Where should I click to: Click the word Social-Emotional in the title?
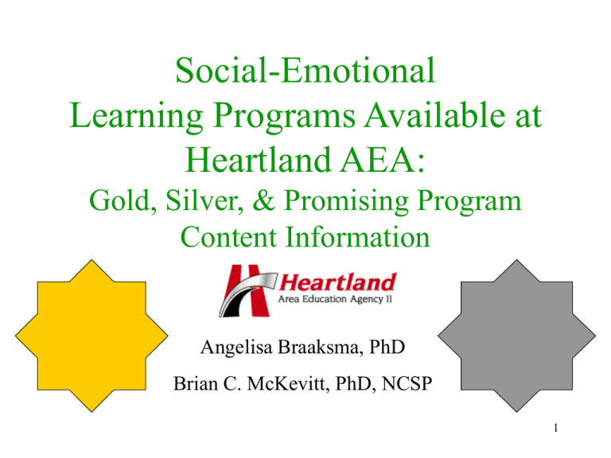tap(305, 72)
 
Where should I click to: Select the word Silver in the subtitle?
tap(201, 205)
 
